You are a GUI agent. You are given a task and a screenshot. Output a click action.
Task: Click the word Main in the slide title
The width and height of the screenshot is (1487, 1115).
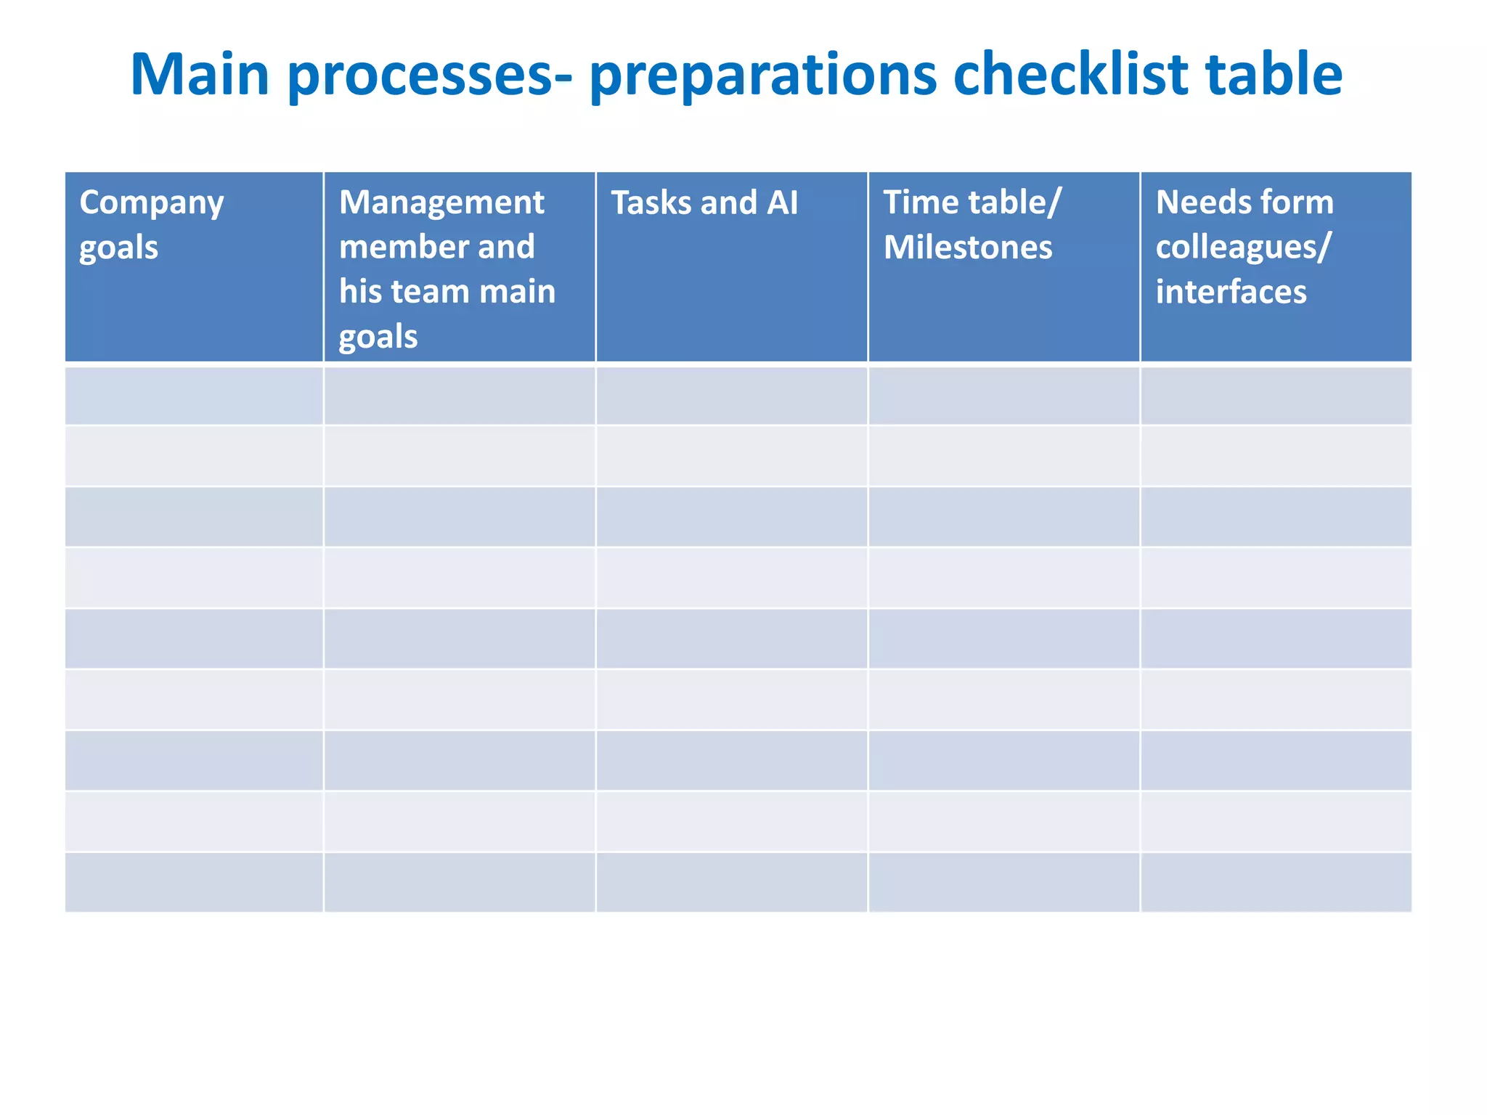[200, 74]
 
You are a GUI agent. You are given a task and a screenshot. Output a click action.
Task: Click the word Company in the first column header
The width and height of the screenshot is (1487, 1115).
[152, 203]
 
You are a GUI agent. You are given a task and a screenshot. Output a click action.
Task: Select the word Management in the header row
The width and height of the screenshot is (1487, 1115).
[441, 203]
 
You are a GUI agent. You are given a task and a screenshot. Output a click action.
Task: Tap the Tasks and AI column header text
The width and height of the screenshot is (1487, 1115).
[704, 203]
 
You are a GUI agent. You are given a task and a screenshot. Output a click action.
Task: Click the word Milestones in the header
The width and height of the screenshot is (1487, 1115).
[968, 248]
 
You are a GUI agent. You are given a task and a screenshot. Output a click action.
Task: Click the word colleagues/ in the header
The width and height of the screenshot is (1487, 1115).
[1243, 248]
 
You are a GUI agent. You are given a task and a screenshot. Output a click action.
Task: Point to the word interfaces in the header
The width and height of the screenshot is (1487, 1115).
[1231, 292]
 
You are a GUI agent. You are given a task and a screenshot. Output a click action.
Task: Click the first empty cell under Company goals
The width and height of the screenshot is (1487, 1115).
[194, 396]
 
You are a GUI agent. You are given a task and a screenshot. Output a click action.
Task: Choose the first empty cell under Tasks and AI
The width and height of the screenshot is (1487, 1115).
[731, 396]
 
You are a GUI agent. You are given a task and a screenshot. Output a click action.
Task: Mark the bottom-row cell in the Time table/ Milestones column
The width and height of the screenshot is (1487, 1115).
[1003, 882]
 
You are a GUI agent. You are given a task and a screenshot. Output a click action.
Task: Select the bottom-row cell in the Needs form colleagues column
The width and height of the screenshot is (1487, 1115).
[1276, 882]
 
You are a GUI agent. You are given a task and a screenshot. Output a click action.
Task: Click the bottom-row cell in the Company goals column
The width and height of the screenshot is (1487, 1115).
[194, 882]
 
